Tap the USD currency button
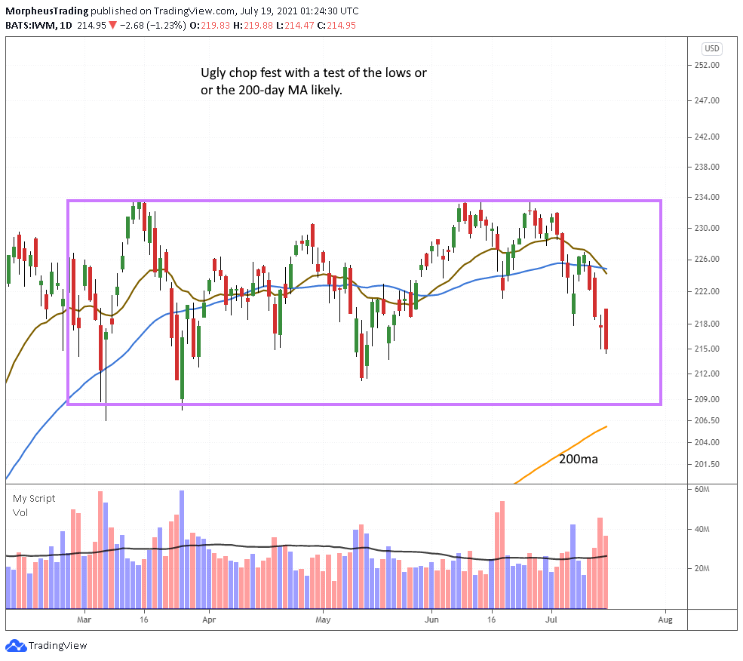coord(712,48)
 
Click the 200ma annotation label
coord(578,458)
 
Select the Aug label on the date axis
coord(665,619)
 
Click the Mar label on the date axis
coord(84,619)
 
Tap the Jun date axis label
coord(431,619)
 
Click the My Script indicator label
coord(34,499)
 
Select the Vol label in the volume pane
coord(20,512)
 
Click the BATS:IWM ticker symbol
coord(31,25)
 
